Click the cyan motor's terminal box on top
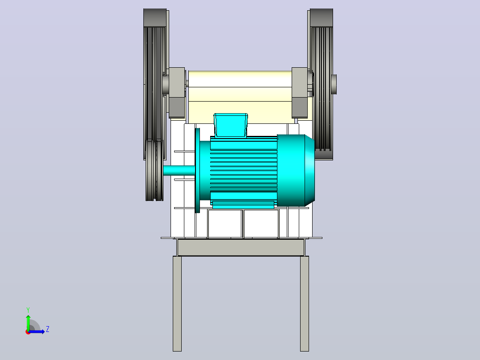coord(231,125)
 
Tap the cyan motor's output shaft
coord(179,170)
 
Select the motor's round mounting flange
coord(197,170)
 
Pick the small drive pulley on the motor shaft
coord(155,170)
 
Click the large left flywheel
coord(156,84)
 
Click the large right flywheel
coord(321,84)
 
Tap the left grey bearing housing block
coord(177,93)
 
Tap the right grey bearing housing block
coord(300,93)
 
